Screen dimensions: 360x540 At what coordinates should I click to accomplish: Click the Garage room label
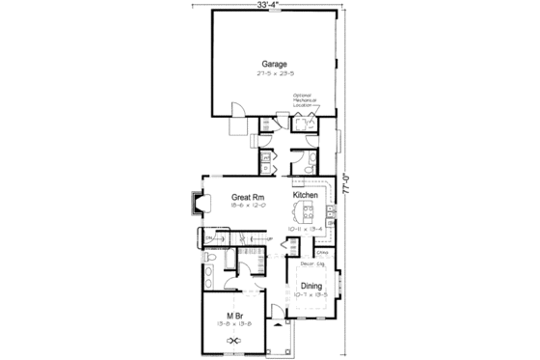(273, 65)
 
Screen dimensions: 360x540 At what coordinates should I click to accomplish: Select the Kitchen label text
(306, 196)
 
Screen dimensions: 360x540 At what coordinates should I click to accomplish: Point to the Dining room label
(310, 285)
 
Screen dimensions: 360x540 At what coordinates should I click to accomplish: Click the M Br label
(233, 317)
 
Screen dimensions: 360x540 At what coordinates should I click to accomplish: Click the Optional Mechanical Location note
(307, 100)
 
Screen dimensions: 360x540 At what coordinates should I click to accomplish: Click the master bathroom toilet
(229, 259)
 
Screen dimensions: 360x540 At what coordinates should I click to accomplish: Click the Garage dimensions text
(273, 73)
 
